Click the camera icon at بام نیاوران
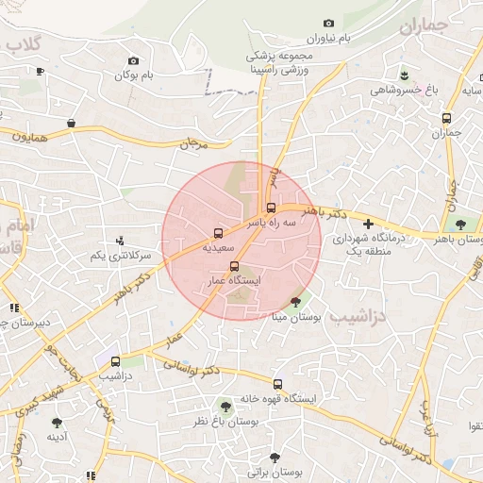(x=328, y=23)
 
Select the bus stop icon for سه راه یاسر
(x=271, y=208)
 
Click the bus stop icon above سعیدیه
(x=219, y=231)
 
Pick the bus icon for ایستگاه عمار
(x=234, y=265)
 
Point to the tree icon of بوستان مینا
(x=297, y=302)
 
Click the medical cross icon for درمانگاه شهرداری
(x=368, y=225)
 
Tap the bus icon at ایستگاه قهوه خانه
(x=277, y=384)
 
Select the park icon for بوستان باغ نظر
(x=225, y=406)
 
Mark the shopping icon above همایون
(x=71, y=123)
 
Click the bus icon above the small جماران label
(x=446, y=118)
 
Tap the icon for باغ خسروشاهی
(x=404, y=75)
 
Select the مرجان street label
(x=192, y=144)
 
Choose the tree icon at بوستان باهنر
(x=459, y=225)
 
